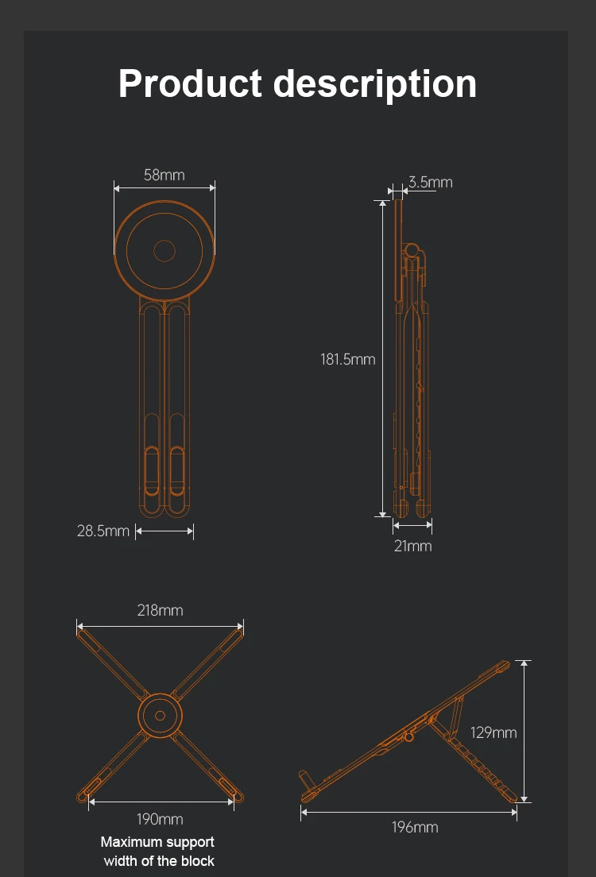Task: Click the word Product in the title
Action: [190, 83]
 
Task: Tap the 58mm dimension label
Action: [164, 175]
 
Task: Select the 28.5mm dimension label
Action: [103, 531]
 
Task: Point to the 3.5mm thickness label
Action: [431, 183]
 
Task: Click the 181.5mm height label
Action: [347, 359]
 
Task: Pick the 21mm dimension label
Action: [413, 546]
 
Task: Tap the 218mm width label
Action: [160, 610]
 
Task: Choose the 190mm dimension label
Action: [160, 819]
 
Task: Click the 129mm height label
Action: [493, 732]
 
